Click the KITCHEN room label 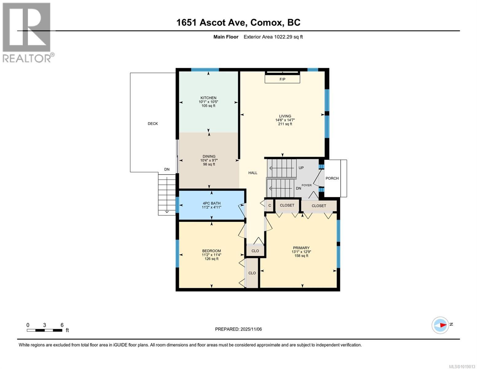pos(209,98)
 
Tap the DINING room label pos(209,156)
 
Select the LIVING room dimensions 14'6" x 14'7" pos(285,120)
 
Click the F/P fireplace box pos(282,79)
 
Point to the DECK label pos(153,124)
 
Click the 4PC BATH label pos(211,203)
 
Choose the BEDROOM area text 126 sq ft pos(211,259)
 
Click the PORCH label pos(332,178)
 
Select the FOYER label pos(307,185)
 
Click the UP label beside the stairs pos(301,168)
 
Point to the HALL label pos(253,173)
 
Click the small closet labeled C pos(270,206)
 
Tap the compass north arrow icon pos(440,325)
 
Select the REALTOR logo pos(27,32)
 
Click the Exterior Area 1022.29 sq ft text pos(273,37)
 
